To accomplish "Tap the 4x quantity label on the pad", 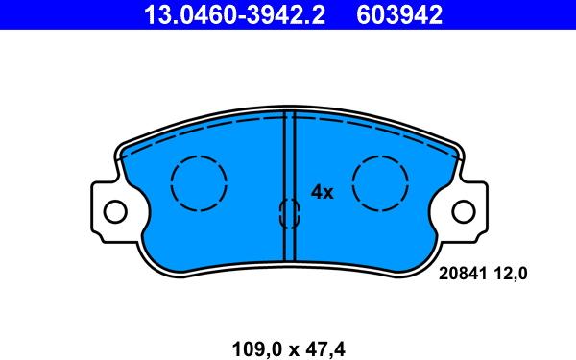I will pyautogui.click(x=322, y=192).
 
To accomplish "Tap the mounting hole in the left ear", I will pyautogui.click(x=114, y=210).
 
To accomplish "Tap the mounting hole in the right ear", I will pyautogui.click(x=464, y=210).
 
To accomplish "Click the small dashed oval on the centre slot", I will pyautogui.click(x=289, y=213).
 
